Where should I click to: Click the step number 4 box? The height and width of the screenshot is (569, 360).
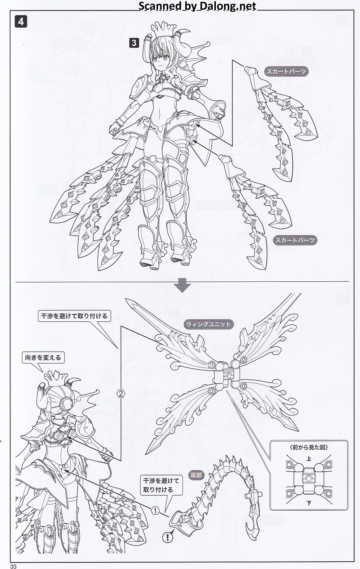click(21, 22)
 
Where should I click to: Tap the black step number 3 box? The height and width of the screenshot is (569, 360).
click(134, 43)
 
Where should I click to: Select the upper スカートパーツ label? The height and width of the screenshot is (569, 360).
click(286, 72)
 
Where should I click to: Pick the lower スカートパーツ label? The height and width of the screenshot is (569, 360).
click(295, 240)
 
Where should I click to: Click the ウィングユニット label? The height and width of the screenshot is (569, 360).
click(209, 325)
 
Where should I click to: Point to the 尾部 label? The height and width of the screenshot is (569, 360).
click(196, 475)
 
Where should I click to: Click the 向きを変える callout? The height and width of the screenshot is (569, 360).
click(43, 358)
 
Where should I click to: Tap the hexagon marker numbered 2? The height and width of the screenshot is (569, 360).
click(121, 394)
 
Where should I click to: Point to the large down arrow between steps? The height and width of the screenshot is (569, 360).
click(183, 285)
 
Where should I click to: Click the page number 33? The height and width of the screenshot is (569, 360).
click(14, 566)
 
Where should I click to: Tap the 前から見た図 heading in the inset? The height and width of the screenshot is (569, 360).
click(308, 447)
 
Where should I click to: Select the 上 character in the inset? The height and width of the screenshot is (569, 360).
click(309, 459)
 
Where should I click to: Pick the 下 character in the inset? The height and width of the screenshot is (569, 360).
click(309, 503)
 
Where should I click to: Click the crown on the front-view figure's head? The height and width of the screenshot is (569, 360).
click(163, 28)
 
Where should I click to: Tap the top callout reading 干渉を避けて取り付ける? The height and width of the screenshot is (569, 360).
click(75, 316)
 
